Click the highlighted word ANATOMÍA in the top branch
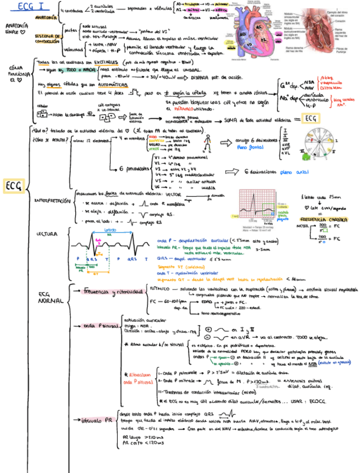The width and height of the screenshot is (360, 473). coord(45,17)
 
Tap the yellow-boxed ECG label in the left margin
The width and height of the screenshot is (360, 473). coord(12,186)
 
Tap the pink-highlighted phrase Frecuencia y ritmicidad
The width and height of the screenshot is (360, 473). coord(114,291)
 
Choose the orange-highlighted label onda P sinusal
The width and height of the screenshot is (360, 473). coord(100,325)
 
